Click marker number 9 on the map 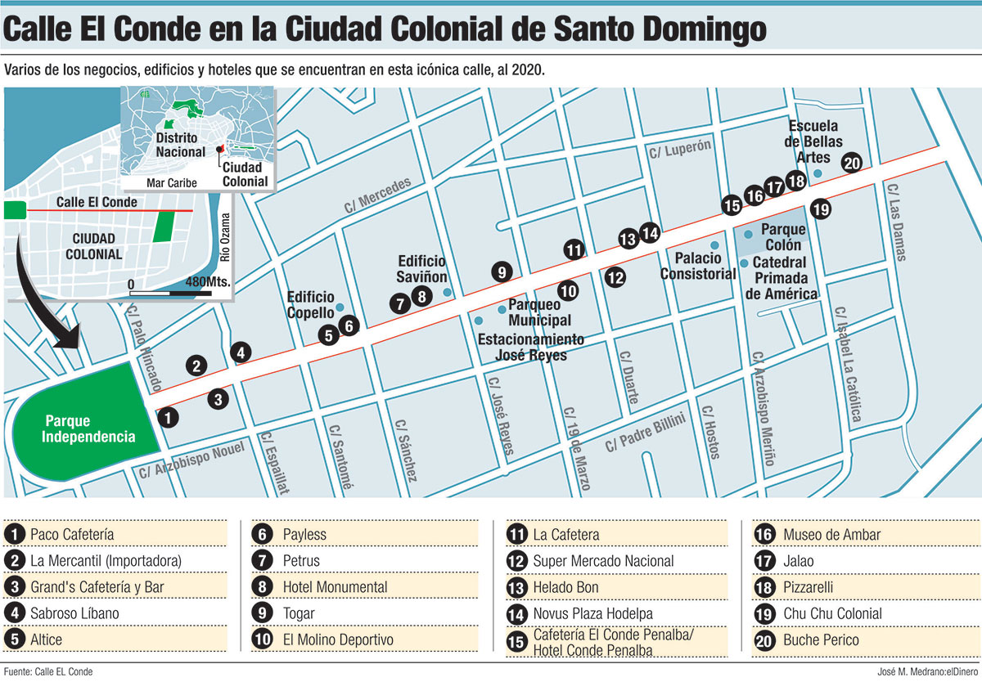coord(502,272)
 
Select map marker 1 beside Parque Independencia coord(167,417)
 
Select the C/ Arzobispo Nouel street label coord(191,460)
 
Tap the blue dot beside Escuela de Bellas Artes coord(818,173)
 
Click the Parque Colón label coord(783,237)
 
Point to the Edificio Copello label coord(311,304)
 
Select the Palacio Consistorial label coord(698,267)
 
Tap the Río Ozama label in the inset coord(227,238)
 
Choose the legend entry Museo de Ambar coord(831,535)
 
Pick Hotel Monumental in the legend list coord(335,587)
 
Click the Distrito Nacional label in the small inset coord(181,146)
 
